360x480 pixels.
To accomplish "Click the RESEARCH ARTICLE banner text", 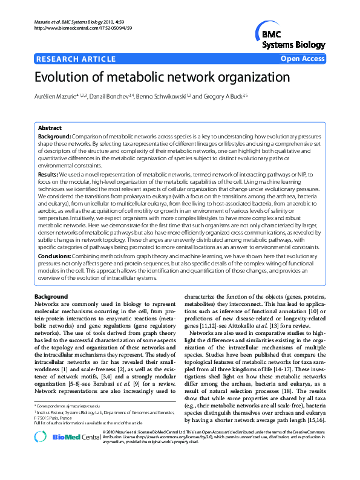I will pos(76,59).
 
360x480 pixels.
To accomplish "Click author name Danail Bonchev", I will pos(113,97).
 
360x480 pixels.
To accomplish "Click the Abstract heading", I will pos(50,129).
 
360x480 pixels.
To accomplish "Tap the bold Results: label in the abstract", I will pos(48,174).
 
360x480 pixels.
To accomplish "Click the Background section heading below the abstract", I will pos(51,297).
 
